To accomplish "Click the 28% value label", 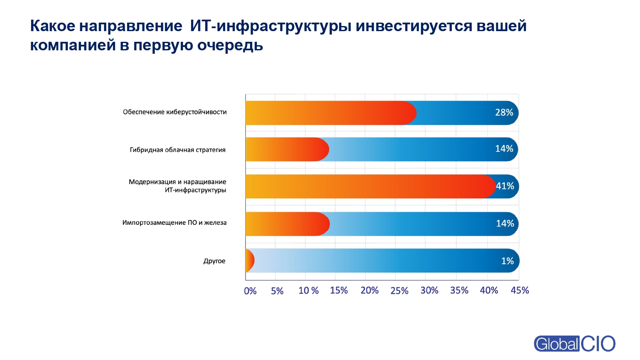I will (504, 113).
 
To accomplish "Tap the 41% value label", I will (505, 186).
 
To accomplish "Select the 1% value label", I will (507, 261).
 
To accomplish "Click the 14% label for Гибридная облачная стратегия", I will (504, 149).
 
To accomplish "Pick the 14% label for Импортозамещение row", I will (505, 224).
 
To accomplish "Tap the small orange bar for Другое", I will (250, 261).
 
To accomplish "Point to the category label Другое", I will (214, 261).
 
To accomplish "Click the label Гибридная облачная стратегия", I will (177, 150).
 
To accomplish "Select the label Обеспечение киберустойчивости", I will (175, 112).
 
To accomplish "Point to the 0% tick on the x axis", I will (250, 291).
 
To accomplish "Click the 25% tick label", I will (399, 291).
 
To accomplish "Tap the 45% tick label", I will (520, 290).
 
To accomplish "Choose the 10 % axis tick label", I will (308, 291).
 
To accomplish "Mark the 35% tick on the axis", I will (459, 290).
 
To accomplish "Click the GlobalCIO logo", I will (574, 343).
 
